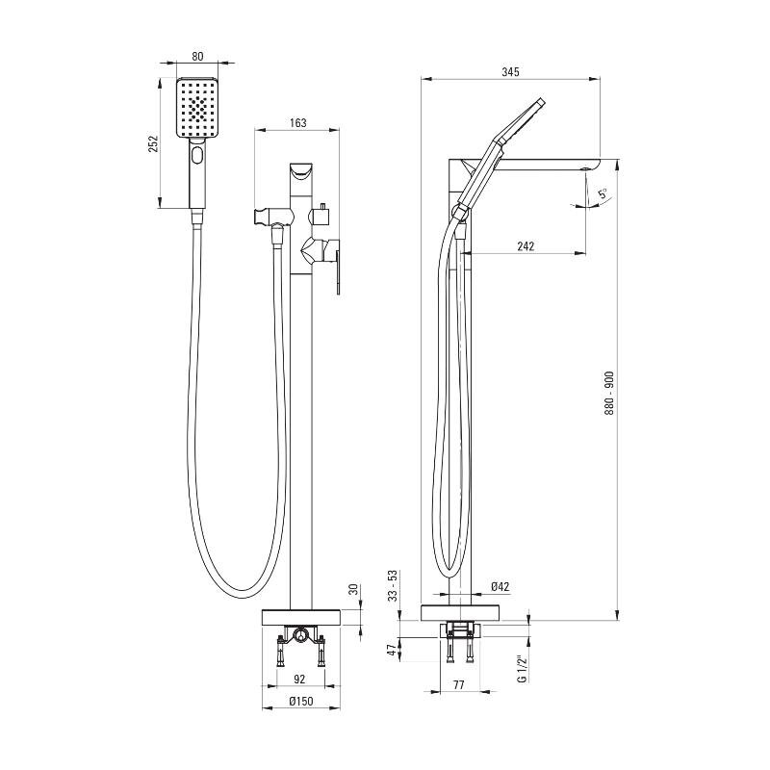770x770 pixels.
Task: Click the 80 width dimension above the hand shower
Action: coord(197,57)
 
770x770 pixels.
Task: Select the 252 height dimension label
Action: coord(154,143)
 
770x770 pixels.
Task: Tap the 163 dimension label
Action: coord(298,122)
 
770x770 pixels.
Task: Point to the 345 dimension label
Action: coord(510,71)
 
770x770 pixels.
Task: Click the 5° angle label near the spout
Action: coord(603,192)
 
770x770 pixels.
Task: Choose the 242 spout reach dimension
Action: coord(526,245)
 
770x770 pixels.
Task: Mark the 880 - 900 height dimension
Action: coord(609,394)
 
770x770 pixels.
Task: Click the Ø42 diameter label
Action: coord(500,586)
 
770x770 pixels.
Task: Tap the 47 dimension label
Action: coord(392,651)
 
